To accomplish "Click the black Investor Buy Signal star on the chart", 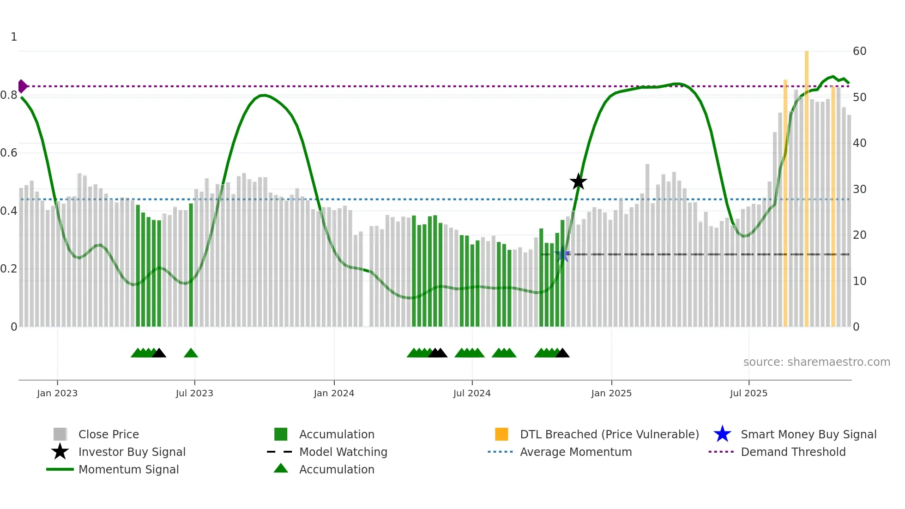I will coord(578,182).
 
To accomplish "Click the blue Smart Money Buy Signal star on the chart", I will coord(562,254).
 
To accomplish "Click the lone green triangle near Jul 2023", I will coord(191,353).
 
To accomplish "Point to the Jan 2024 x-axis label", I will coord(334,393).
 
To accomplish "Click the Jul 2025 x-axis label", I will coord(748,393).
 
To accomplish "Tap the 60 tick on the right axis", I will coord(859,51).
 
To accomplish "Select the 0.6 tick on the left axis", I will coord(9,153).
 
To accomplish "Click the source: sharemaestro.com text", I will coord(816,362).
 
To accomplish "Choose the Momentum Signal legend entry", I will coord(128,469).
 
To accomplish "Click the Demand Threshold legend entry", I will coord(793,452).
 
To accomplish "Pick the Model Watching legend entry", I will coord(343,452).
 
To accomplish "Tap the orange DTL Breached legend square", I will coord(501,434).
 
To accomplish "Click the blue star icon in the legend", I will coord(722,434).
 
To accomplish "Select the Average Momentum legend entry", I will coord(575,452).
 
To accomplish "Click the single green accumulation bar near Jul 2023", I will coord(191,266).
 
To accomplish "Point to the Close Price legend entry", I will coord(108,434).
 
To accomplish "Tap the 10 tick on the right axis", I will coord(859,281).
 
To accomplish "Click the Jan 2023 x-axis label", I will coord(57,393).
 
